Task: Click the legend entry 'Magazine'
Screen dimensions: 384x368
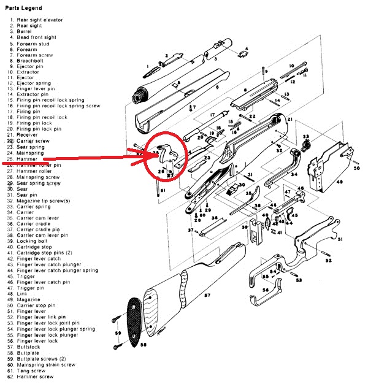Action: pos(29,300)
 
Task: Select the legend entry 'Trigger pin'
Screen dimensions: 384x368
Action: pos(31,288)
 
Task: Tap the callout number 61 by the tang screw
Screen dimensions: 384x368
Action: pos(164,191)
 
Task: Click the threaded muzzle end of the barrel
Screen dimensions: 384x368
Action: pos(140,97)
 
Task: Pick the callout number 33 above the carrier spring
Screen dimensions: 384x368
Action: pos(305,136)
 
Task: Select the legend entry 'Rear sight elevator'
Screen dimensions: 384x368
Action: pos(38,20)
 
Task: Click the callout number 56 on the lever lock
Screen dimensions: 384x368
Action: pos(265,291)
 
